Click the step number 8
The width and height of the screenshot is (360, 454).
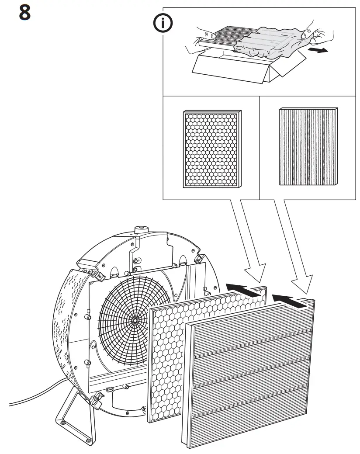25,13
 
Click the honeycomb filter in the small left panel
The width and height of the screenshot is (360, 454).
211,149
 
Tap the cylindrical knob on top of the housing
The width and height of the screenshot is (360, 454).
142,229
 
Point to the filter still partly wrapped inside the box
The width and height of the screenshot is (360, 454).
223,37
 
